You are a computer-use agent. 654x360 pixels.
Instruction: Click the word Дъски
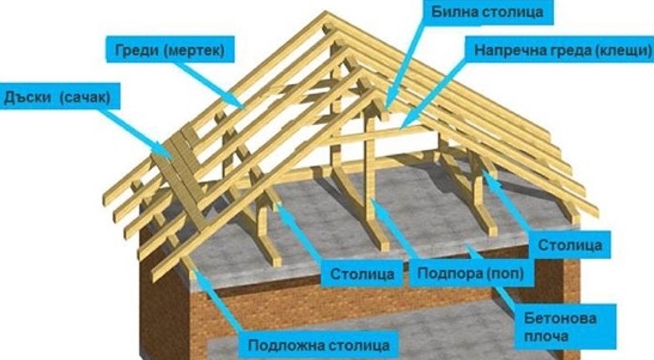coord(27,96)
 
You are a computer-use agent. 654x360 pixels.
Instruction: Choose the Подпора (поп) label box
coord(471,273)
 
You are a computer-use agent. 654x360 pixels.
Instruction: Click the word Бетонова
coord(560,318)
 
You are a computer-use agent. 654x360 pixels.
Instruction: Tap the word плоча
coord(546,336)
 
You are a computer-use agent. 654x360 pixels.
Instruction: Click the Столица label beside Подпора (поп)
coord(362,274)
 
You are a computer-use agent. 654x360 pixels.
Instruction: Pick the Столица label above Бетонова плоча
coord(570,245)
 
